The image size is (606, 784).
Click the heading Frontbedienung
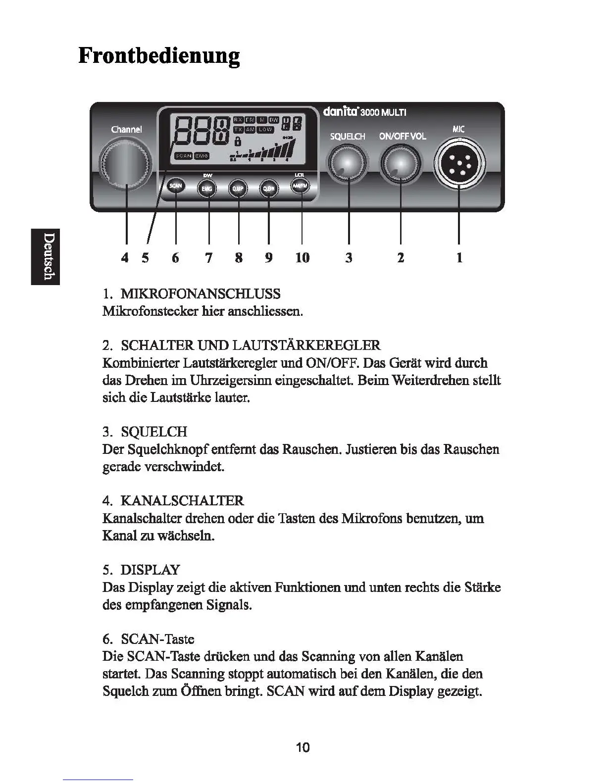pyautogui.click(x=159, y=55)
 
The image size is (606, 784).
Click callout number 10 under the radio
pyautogui.click(x=302, y=257)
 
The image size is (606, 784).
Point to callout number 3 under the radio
pyautogui.click(x=349, y=257)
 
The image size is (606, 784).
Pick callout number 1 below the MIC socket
pyautogui.click(x=459, y=257)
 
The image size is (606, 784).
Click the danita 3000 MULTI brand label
pyautogui.click(x=364, y=112)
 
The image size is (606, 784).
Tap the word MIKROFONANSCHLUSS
pyautogui.click(x=201, y=294)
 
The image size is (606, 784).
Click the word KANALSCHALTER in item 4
pyautogui.click(x=182, y=500)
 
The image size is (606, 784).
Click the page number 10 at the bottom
pyautogui.click(x=303, y=747)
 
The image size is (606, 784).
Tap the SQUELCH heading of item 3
pyautogui.click(x=154, y=432)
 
